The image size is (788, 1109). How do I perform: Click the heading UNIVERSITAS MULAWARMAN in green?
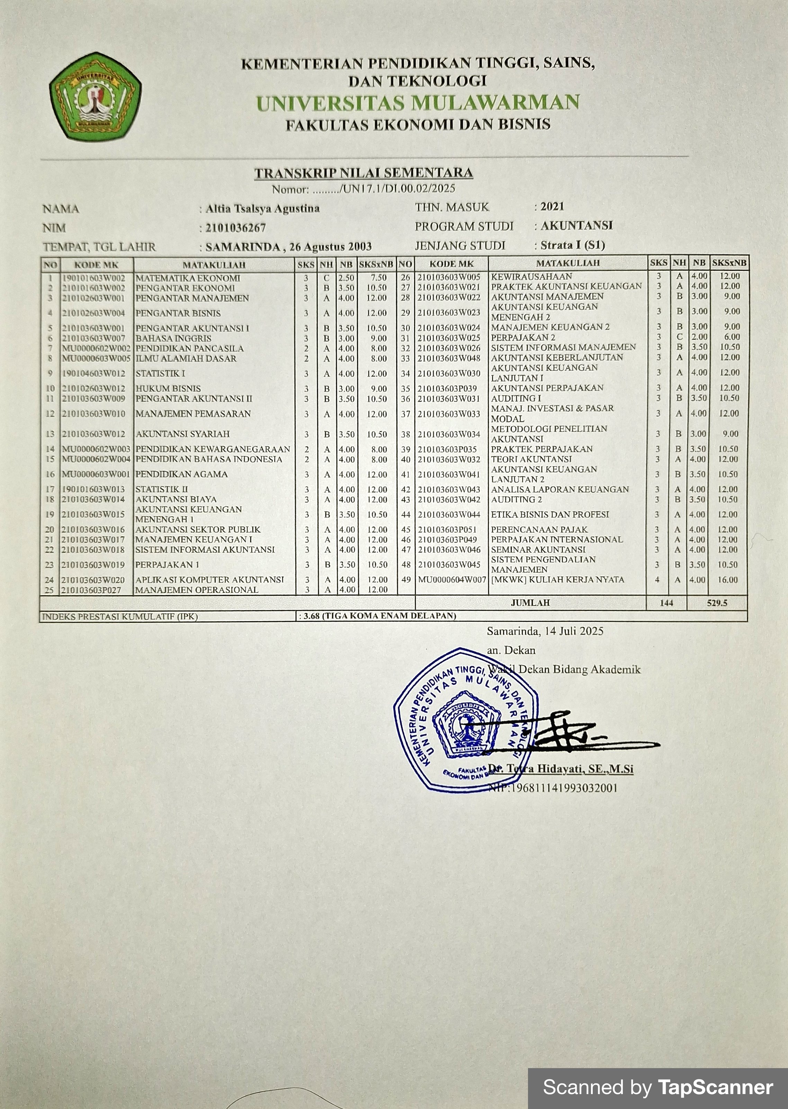(x=418, y=103)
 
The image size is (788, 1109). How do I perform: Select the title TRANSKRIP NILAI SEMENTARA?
(x=364, y=173)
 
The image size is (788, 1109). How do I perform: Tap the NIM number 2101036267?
(x=236, y=228)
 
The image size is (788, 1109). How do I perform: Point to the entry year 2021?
(x=552, y=207)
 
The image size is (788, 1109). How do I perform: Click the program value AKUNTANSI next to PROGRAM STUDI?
(x=576, y=226)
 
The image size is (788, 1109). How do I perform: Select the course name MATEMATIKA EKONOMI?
(x=188, y=278)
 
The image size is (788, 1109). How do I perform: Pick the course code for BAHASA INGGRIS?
(x=93, y=339)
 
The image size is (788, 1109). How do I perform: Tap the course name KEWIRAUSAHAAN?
(x=531, y=276)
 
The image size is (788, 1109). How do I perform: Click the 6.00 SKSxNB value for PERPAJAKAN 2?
(x=732, y=337)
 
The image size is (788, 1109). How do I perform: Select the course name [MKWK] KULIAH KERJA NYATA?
(x=557, y=580)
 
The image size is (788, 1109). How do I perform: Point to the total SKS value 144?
(x=666, y=603)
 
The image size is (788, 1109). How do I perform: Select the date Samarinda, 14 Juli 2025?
(x=545, y=631)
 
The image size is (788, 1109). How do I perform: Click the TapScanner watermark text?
(x=657, y=1087)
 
